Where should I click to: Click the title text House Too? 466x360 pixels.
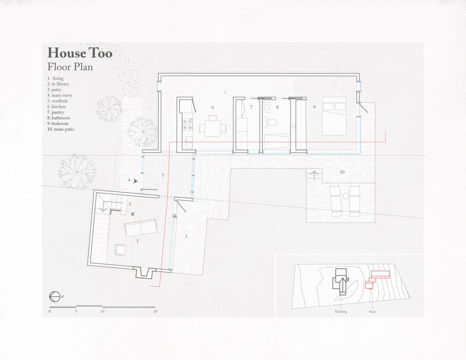click(x=80, y=53)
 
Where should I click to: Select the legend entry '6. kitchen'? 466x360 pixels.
click(x=56, y=107)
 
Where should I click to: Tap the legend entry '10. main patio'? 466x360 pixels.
click(x=61, y=129)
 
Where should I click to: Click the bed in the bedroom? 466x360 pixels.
click(x=334, y=116)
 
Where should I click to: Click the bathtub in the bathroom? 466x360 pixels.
click(x=277, y=142)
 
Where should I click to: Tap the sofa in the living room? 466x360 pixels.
click(x=141, y=228)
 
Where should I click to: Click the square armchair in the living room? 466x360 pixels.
click(x=120, y=250)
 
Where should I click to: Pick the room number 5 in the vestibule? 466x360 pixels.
click(x=163, y=175)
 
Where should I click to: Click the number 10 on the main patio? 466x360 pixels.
click(x=342, y=172)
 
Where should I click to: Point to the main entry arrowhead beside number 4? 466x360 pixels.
click(x=135, y=180)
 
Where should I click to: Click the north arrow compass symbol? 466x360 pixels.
click(x=54, y=296)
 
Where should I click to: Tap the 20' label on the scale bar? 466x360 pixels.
click(x=156, y=312)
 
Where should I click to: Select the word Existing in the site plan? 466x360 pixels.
click(x=341, y=312)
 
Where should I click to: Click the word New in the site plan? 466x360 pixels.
click(x=372, y=312)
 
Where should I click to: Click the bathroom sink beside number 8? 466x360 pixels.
click(x=267, y=107)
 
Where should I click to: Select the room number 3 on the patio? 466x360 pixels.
click(x=186, y=237)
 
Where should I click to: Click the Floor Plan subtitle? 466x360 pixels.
click(x=70, y=67)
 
